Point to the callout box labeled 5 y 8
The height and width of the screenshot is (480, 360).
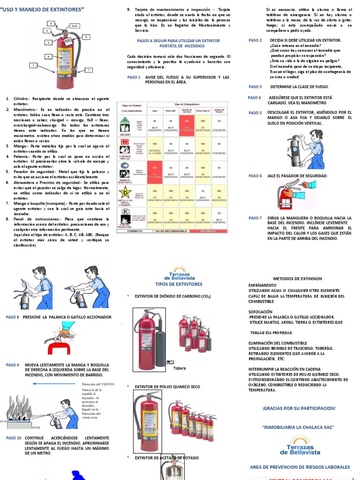pos(74,26)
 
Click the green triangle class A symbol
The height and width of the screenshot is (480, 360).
pos(125,121)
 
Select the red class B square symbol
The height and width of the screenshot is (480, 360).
pos(125,142)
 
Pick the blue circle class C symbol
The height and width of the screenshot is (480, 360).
pos(124,165)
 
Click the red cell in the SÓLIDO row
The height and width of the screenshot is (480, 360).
pos(187,124)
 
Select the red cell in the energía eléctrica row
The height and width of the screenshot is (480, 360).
pos(155,171)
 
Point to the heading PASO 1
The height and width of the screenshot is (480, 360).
pos(134,77)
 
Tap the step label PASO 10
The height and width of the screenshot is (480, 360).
pos(14,438)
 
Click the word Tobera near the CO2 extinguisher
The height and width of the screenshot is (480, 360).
pos(180,368)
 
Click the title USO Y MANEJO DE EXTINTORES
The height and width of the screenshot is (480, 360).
pos(43,9)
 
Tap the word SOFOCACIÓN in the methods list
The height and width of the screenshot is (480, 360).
pos(261,311)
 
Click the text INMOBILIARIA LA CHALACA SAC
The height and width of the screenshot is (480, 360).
pos(299,427)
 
